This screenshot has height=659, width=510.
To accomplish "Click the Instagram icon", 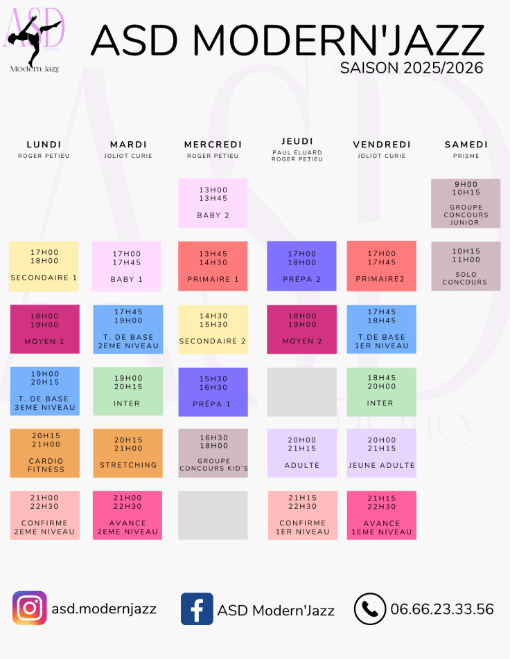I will tap(30, 608).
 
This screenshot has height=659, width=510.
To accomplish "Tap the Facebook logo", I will tap(197, 609).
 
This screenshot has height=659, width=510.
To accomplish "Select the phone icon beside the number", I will tap(370, 609).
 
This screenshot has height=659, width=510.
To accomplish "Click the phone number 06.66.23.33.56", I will tap(442, 609).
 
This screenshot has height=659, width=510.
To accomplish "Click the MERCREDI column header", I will tap(213, 145).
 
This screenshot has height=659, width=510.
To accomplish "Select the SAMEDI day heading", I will tap(466, 145).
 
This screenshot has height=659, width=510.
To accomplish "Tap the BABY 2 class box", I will tap(213, 203).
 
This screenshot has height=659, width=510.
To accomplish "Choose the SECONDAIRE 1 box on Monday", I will tap(44, 266).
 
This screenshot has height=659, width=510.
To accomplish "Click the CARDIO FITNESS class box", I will tap(44, 453).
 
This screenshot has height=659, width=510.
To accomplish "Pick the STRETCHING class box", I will tap(128, 453).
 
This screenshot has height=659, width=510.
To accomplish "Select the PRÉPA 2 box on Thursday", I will tap(301, 266).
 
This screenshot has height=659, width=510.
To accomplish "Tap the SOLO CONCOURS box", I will tap(465, 266).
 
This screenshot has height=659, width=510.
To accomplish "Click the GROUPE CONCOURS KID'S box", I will tap(213, 453).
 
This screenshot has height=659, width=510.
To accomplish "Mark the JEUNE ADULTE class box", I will tap(381, 453).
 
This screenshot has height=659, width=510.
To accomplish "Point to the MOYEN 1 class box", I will tap(44, 329).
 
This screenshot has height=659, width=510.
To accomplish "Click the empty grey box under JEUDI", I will tap(301, 392).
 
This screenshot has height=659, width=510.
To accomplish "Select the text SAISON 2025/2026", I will tap(412, 68).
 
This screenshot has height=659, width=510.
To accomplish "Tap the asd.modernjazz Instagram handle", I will tap(104, 609).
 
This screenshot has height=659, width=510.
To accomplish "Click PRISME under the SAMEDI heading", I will tap(466, 156).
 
